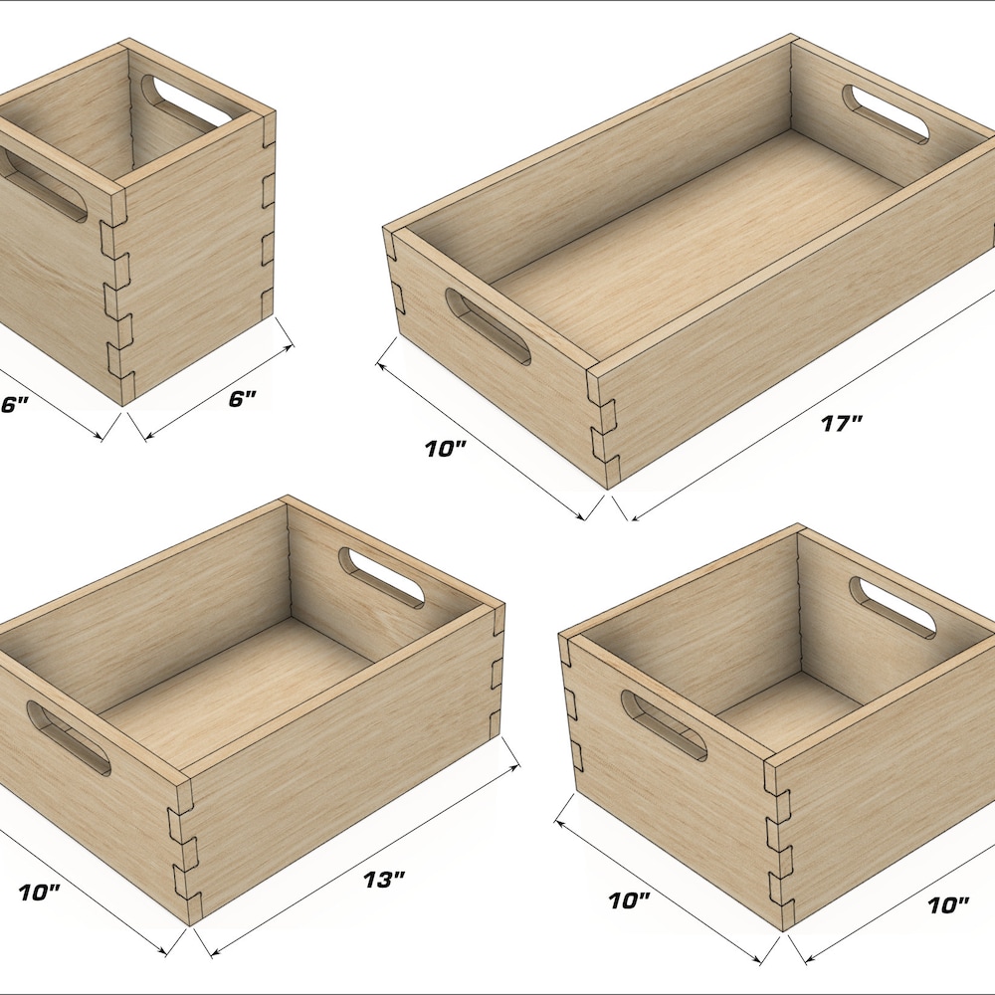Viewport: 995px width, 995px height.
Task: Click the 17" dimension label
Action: pos(842,423)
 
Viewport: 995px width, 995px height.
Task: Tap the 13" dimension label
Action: pos(384,880)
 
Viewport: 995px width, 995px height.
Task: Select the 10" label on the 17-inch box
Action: pos(446,449)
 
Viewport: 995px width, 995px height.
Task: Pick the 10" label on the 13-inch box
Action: pos(39,893)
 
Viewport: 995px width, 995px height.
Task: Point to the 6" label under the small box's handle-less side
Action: pos(242,399)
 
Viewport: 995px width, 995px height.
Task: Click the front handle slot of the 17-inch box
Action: pos(488,326)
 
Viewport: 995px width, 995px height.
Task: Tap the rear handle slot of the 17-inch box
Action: pos(885,113)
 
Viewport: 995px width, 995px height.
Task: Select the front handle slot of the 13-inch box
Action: pos(69,737)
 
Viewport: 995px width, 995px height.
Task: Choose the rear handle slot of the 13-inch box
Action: pos(381,577)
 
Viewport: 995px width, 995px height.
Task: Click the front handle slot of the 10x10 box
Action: pos(664,725)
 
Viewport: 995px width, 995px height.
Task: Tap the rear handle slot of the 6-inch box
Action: pos(187,101)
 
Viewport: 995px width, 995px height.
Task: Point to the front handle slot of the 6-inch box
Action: pos(43,185)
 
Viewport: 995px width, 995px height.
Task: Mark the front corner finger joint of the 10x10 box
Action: pos(778,844)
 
